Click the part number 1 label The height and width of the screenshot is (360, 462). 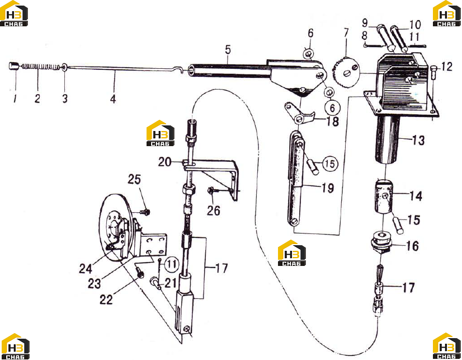tap(15, 98)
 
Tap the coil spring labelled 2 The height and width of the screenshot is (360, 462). tap(40, 67)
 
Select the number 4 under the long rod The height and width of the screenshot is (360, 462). tap(113, 99)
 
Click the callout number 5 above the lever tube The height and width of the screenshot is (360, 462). tap(228, 49)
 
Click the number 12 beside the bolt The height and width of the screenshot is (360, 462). tap(447, 66)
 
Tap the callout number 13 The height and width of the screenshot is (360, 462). tap(418, 140)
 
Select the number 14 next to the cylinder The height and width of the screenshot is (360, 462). tap(416, 195)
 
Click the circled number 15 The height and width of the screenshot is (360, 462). tap(330, 163)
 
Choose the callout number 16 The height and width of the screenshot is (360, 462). tap(412, 246)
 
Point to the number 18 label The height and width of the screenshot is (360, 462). tap(332, 121)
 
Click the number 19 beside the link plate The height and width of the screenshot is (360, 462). tap(328, 188)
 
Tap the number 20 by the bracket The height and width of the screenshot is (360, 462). tap(164, 162)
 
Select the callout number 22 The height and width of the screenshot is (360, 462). tap(106, 300)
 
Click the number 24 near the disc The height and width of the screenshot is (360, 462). tap(86, 268)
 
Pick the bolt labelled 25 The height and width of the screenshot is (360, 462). tap(145, 212)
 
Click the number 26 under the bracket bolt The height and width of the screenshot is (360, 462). tap(214, 210)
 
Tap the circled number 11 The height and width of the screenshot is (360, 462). tap(172, 264)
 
